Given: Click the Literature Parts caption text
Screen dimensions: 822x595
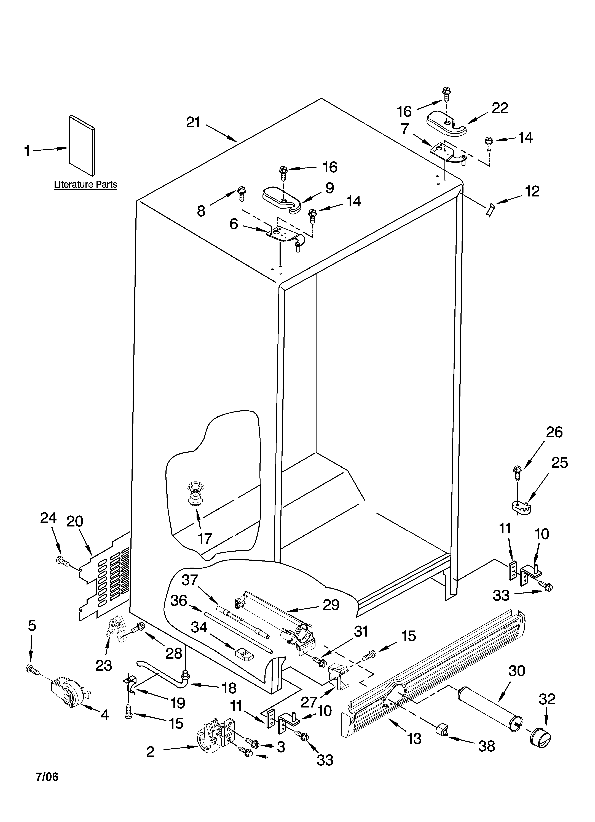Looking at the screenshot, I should tap(85, 185).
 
